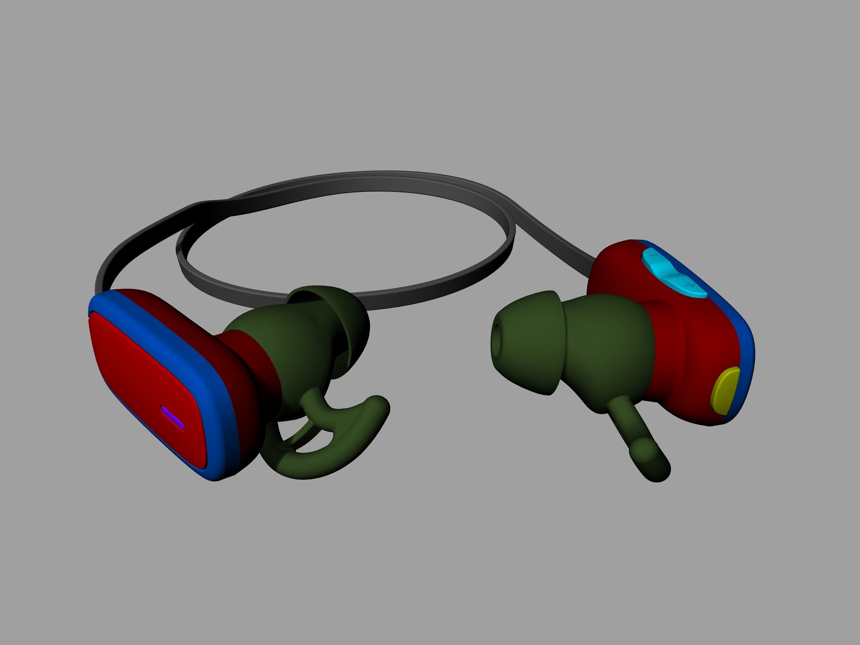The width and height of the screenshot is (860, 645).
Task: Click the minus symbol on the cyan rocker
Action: (x=654, y=255)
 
